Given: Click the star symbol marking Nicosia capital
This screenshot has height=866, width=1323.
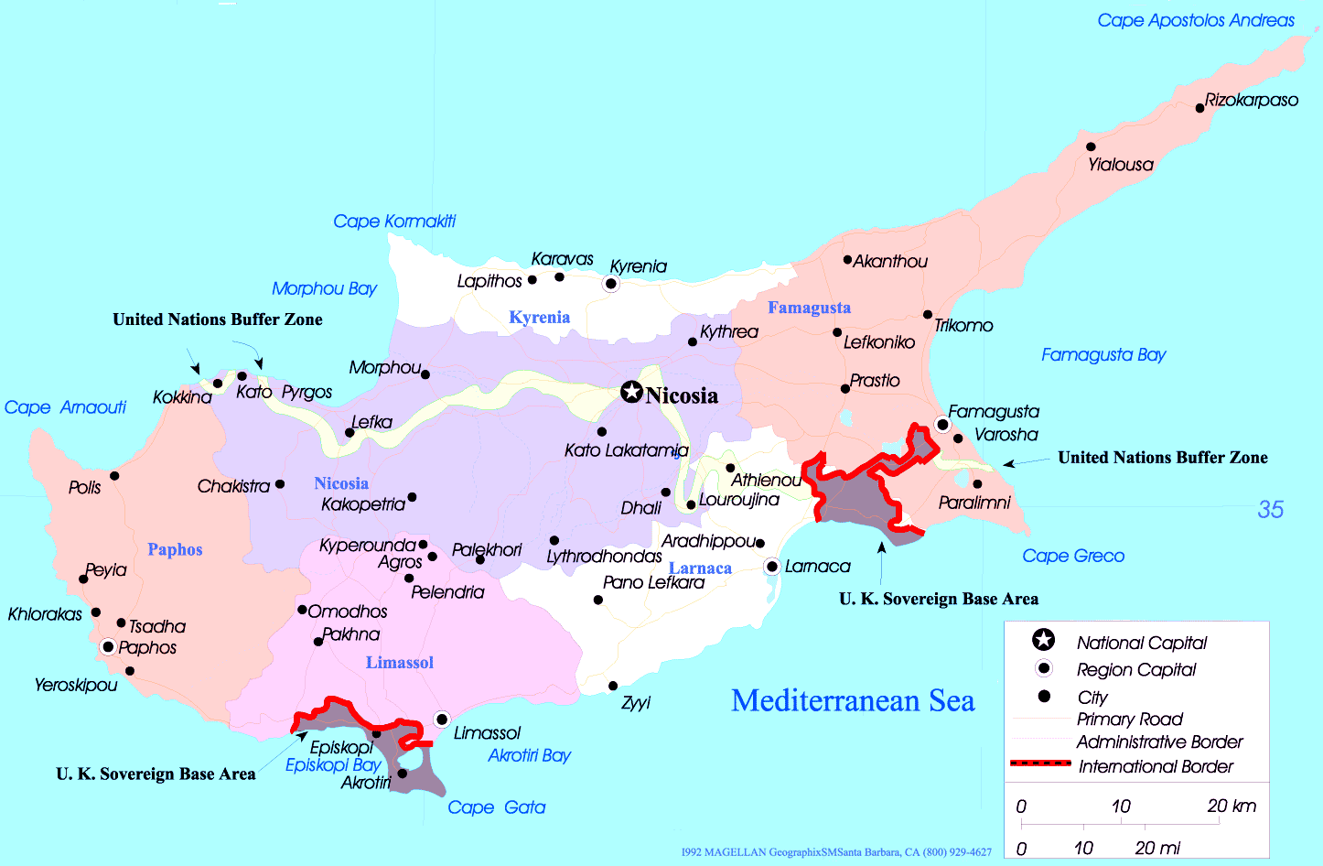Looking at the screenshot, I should [x=631, y=392].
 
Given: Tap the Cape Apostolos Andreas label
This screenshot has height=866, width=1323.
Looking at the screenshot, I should [x=1195, y=20].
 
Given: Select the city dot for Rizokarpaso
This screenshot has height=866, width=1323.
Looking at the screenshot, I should [x=1199, y=108].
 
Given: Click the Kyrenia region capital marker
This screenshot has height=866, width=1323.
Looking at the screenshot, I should [x=611, y=284].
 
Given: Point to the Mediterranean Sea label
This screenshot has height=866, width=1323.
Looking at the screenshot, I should [x=853, y=700].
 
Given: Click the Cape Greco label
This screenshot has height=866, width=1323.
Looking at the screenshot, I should [x=1072, y=556].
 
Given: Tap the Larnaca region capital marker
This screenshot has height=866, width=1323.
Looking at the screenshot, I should [x=772, y=567].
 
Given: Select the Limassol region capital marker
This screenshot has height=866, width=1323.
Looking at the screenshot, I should [x=442, y=720].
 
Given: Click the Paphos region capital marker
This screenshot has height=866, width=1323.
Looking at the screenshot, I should [x=108, y=647].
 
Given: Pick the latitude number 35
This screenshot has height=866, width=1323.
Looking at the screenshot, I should [x=1270, y=510].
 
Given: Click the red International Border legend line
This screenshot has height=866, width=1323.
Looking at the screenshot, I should [x=1040, y=763].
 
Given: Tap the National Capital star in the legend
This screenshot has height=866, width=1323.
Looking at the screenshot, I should [x=1043, y=640].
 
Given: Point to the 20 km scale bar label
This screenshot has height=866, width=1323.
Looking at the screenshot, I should [x=1231, y=806].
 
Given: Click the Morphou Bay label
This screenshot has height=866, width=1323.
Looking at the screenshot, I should [x=324, y=288].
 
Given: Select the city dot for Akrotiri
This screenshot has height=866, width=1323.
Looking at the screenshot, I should [x=402, y=774].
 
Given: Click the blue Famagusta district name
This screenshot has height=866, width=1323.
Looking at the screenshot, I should [x=809, y=308].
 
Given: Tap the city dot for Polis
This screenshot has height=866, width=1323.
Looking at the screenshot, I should [x=114, y=476].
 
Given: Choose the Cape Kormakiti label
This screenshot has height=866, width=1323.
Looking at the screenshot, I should [x=393, y=221].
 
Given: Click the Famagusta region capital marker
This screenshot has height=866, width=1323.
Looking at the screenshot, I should [x=942, y=424].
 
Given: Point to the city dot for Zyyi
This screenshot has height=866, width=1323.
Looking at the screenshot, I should [x=613, y=686].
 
